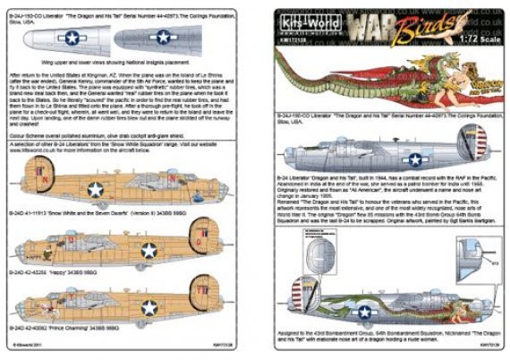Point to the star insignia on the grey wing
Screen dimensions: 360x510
point(163,37)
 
